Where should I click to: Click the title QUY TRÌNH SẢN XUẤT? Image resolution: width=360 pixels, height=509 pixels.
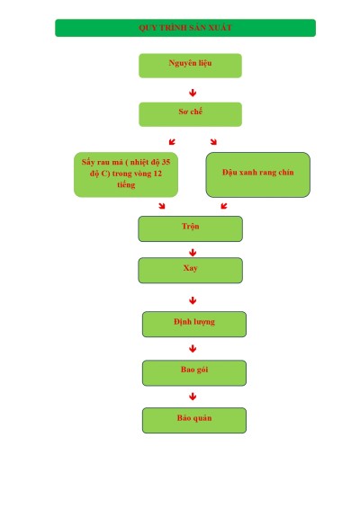click(185, 28)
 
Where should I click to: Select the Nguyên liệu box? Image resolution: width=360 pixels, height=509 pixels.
click(191, 66)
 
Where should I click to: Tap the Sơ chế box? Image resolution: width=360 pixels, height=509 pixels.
click(191, 114)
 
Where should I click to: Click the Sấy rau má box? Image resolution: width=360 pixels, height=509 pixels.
click(126, 174)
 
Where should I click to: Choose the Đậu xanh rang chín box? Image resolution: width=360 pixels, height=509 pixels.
click(258, 174)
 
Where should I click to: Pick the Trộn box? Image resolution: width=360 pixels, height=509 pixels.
click(191, 228)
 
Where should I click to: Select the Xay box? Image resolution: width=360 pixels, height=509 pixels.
click(191, 271)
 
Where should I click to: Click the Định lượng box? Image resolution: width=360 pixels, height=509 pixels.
click(194, 325)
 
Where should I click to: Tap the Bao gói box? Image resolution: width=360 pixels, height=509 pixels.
click(194, 373)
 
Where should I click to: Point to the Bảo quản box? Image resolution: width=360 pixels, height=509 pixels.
click(194, 420)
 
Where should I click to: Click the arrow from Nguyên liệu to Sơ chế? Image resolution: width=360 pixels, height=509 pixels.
click(193, 93)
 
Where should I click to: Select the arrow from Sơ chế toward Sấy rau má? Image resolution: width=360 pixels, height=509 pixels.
click(172, 141)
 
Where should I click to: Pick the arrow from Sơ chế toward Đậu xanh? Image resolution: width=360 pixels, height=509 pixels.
click(213, 141)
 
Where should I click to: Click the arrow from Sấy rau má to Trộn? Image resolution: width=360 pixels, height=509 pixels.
click(162, 206)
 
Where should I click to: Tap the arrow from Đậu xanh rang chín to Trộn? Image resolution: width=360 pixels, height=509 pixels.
click(224, 206)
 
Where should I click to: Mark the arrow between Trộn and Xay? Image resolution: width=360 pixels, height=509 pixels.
click(193, 253)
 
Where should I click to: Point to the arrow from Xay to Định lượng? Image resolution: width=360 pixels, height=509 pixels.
click(193, 300)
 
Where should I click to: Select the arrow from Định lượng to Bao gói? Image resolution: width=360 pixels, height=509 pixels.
click(193, 349)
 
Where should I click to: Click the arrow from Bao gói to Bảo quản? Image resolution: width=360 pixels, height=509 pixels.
click(193, 397)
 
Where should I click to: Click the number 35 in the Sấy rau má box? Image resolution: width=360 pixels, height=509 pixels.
click(166, 162)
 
